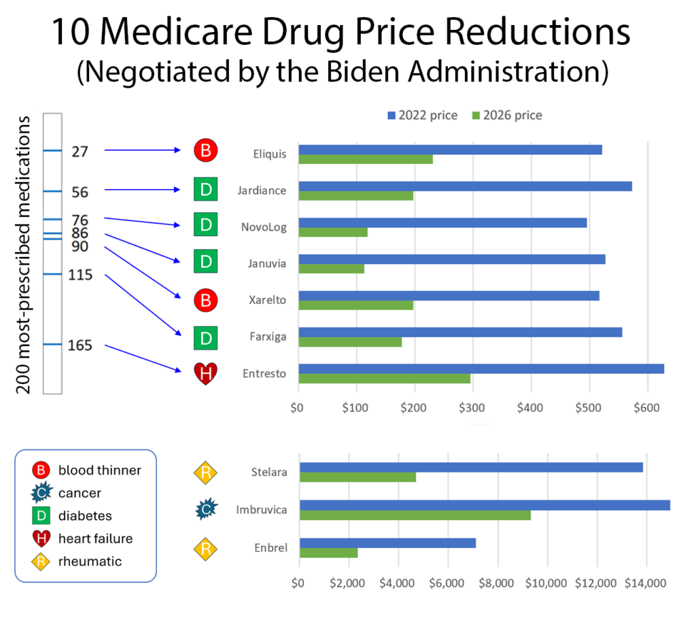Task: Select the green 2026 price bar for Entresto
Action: tap(385, 378)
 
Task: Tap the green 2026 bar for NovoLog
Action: tap(333, 232)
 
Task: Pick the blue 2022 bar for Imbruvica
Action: tap(485, 505)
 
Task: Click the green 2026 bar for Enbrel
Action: tap(328, 553)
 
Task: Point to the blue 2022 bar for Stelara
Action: tap(471, 467)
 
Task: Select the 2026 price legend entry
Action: tap(506, 115)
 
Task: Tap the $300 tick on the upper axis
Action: tap(471, 408)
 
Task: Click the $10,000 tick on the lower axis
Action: tap(547, 583)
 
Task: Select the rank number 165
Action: tap(80, 345)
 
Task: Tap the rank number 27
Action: tap(80, 152)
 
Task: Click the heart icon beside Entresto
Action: tap(205, 373)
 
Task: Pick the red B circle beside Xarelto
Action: tap(205, 299)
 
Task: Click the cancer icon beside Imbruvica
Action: tap(206, 508)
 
